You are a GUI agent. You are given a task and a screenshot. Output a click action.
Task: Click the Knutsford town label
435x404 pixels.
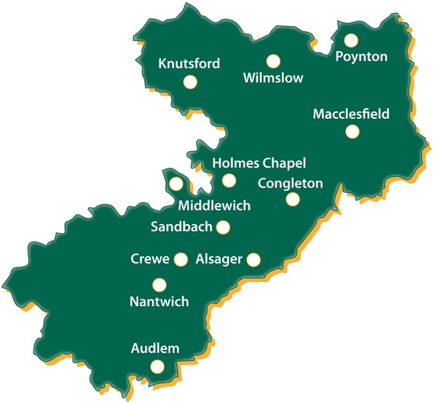pyautogui.click(x=188, y=64)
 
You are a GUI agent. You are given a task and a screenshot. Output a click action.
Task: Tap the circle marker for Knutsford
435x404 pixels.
pyautogui.click(x=190, y=82)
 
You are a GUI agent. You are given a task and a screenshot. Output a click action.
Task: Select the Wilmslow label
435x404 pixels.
pyautogui.click(x=272, y=78)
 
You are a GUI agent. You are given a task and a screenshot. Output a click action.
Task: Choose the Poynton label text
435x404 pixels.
pyautogui.click(x=362, y=56)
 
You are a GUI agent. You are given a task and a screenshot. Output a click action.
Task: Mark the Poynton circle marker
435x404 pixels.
pyautogui.click(x=351, y=40)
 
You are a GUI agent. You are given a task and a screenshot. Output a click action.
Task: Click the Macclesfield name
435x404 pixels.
pyautogui.click(x=351, y=114)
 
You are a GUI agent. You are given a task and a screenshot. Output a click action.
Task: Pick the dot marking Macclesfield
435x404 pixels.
pyautogui.click(x=352, y=132)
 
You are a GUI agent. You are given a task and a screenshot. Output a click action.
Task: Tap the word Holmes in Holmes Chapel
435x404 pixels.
pyautogui.click(x=234, y=163)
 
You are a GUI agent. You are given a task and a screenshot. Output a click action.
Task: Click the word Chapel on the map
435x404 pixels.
pyautogui.click(x=282, y=163)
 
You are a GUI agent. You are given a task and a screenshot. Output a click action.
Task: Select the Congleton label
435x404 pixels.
pyautogui.click(x=291, y=183)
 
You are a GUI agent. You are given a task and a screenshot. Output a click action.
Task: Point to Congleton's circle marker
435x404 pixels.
pyautogui.click(x=292, y=200)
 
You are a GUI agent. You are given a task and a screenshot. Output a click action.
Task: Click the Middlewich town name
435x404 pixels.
pyautogui.click(x=214, y=206)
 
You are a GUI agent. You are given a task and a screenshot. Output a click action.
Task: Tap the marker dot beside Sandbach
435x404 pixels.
pyautogui.click(x=223, y=226)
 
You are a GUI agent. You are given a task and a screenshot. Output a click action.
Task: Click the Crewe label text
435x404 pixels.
pyautogui.click(x=150, y=259)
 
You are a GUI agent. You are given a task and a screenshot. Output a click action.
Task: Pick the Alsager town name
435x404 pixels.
pyautogui.click(x=219, y=259)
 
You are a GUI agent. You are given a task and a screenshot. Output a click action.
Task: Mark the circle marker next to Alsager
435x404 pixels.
pyautogui.click(x=253, y=260)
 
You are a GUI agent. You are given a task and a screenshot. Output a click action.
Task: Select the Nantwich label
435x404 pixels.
pyautogui.click(x=159, y=302)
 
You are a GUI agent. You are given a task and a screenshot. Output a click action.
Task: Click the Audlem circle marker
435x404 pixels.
pyautogui.click(x=157, y=367)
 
